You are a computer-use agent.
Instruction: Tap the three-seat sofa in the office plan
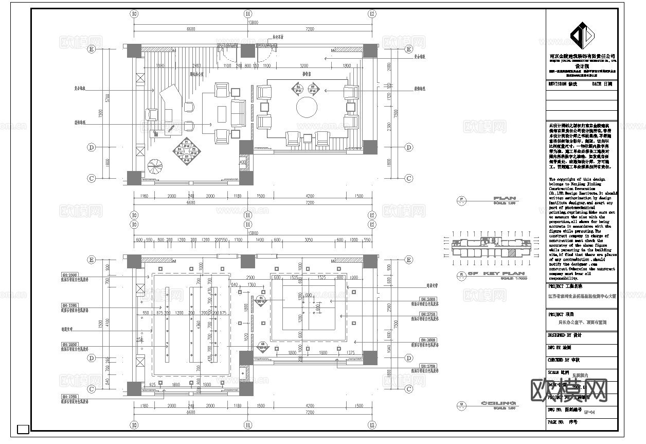238,113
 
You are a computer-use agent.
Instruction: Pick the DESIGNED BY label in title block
565,335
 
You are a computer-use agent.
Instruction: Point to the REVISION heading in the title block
563,83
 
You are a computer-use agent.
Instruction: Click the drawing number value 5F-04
589,412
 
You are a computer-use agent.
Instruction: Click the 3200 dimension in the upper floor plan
304,66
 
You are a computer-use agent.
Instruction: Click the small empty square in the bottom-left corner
23,429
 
